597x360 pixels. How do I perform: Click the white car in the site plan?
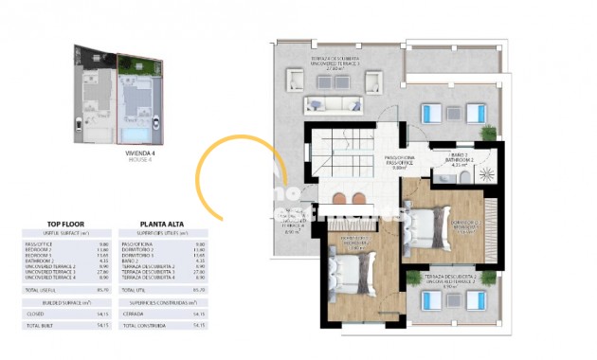point(77,120)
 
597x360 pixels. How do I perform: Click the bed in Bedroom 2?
point(428,228)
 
